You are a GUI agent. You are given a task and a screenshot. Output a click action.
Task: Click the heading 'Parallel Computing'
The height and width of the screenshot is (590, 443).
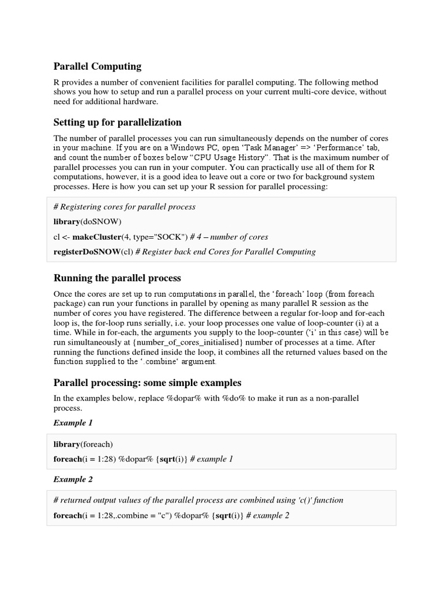click(x=97, y=66)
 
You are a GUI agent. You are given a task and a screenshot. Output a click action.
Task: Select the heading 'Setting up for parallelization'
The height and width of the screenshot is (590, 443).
click(x=118, y=122)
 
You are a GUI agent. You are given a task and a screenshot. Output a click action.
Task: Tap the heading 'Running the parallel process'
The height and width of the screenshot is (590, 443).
click(x=117, y=278)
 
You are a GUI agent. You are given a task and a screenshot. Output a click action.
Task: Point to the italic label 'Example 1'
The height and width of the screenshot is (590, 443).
click(x=73, y=422)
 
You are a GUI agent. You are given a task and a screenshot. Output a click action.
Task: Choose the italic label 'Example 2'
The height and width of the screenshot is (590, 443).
click(x=73, y=479)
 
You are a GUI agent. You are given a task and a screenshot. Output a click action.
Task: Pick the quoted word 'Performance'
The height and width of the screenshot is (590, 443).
click(x=336, y=147)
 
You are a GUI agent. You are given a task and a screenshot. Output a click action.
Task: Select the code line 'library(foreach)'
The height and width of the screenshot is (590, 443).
click(x=83, y=444)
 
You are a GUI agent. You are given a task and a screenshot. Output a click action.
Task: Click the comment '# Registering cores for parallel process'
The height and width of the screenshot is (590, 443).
click(x=124, y=206)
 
